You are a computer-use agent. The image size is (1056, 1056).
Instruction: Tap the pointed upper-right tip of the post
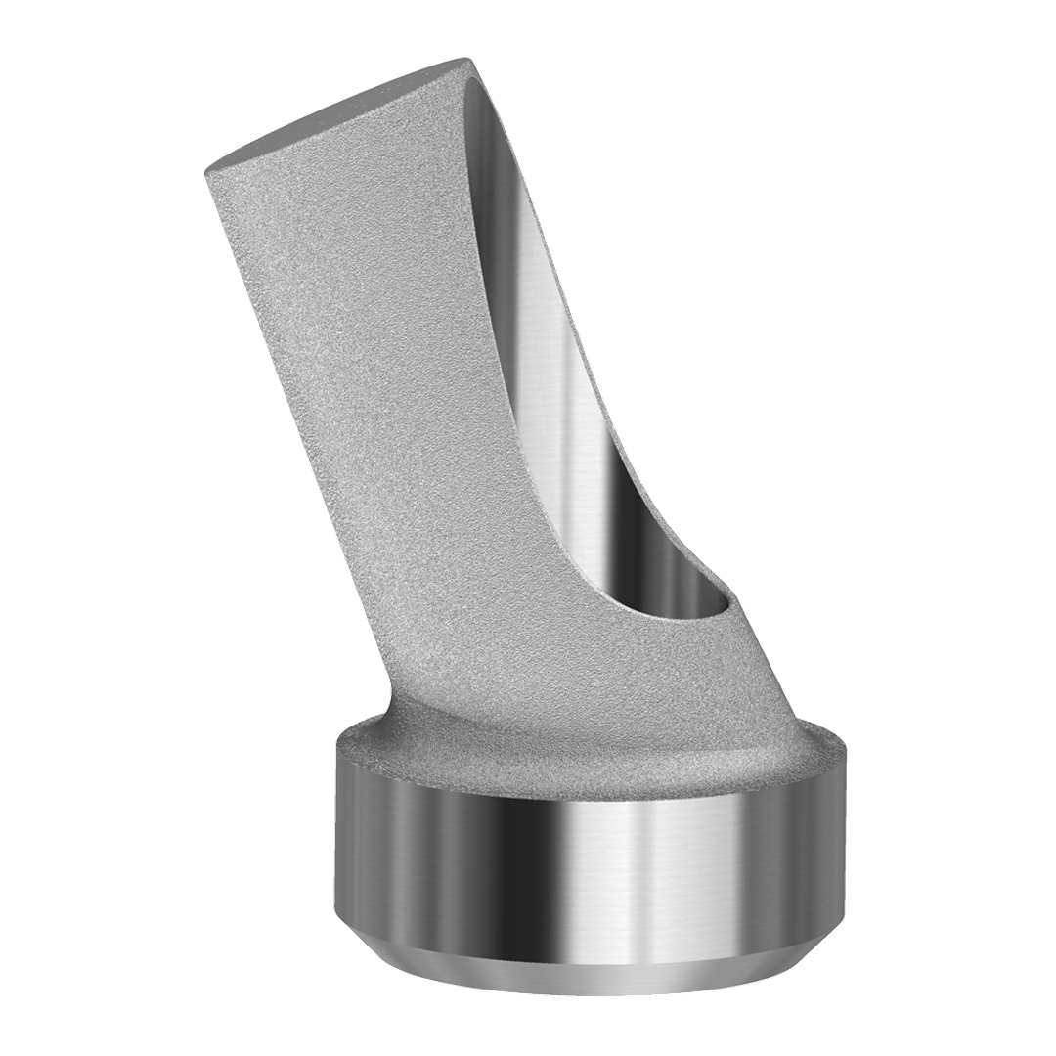coord(472,61)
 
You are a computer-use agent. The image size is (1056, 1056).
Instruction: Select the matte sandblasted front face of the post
coord(391,391)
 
